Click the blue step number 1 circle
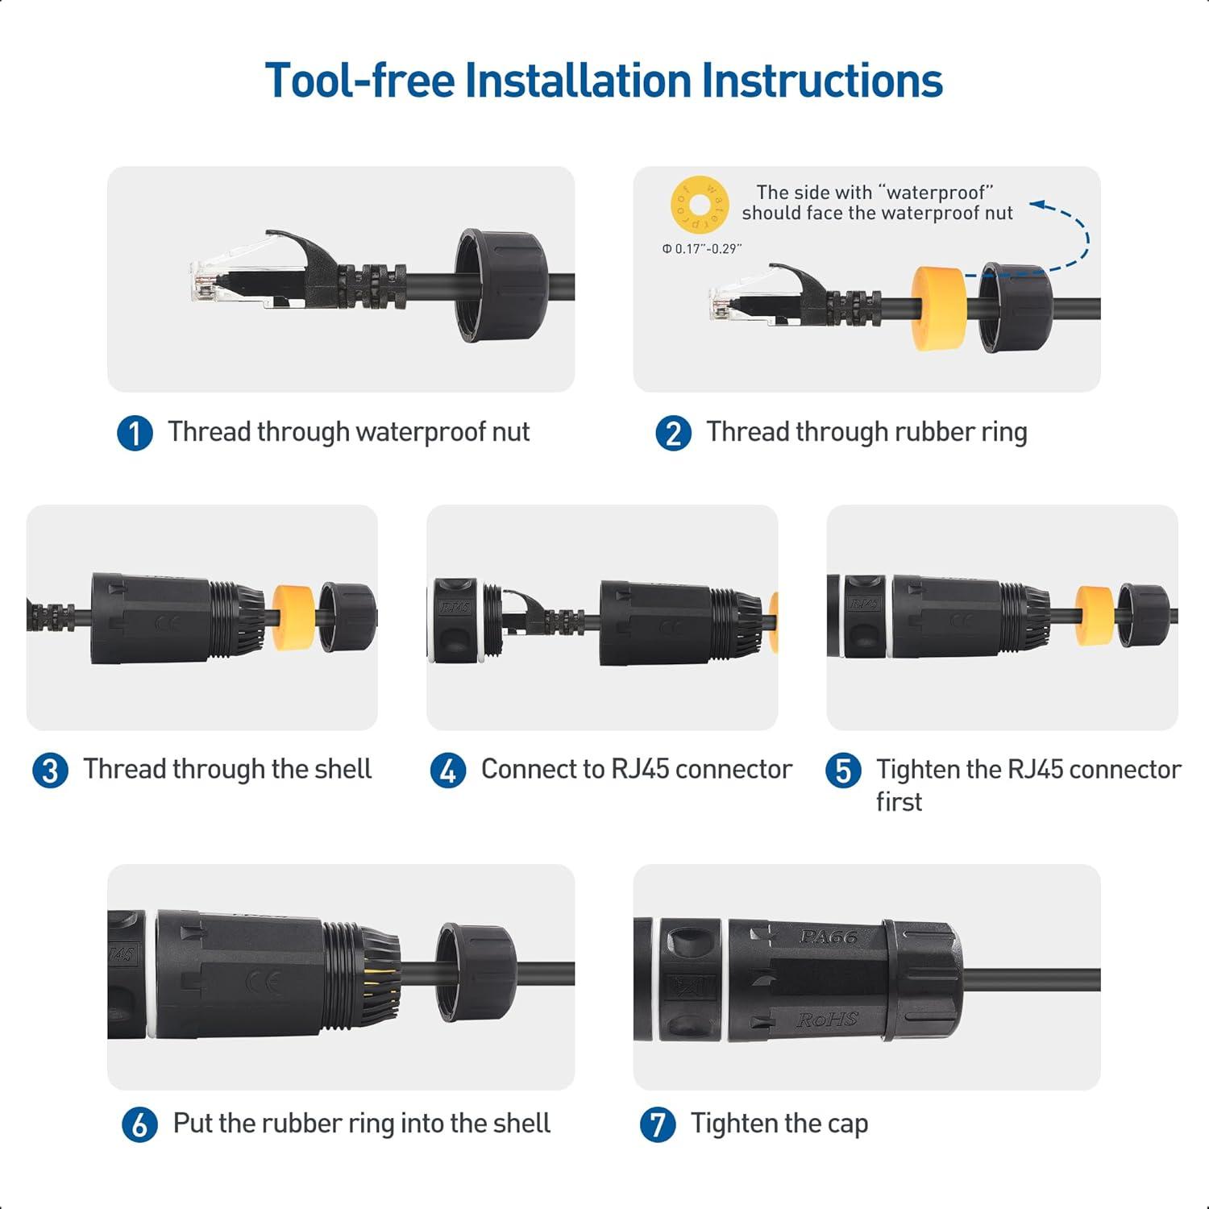pos(135,433)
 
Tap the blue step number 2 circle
pos(673,433)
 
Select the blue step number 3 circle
pos(50,771)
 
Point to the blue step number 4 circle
pos(448,771)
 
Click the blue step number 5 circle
pos(843,771)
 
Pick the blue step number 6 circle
pos(139,1124)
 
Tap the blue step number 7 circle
pos(658,1124)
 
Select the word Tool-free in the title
pos(359,81)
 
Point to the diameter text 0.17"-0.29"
pos(701,249)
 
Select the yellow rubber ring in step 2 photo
pos(939,309)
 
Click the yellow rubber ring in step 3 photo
pos(293,617)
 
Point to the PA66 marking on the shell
pos(828,937)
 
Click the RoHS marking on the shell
pos(828,1020)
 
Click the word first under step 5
pos(899,802)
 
